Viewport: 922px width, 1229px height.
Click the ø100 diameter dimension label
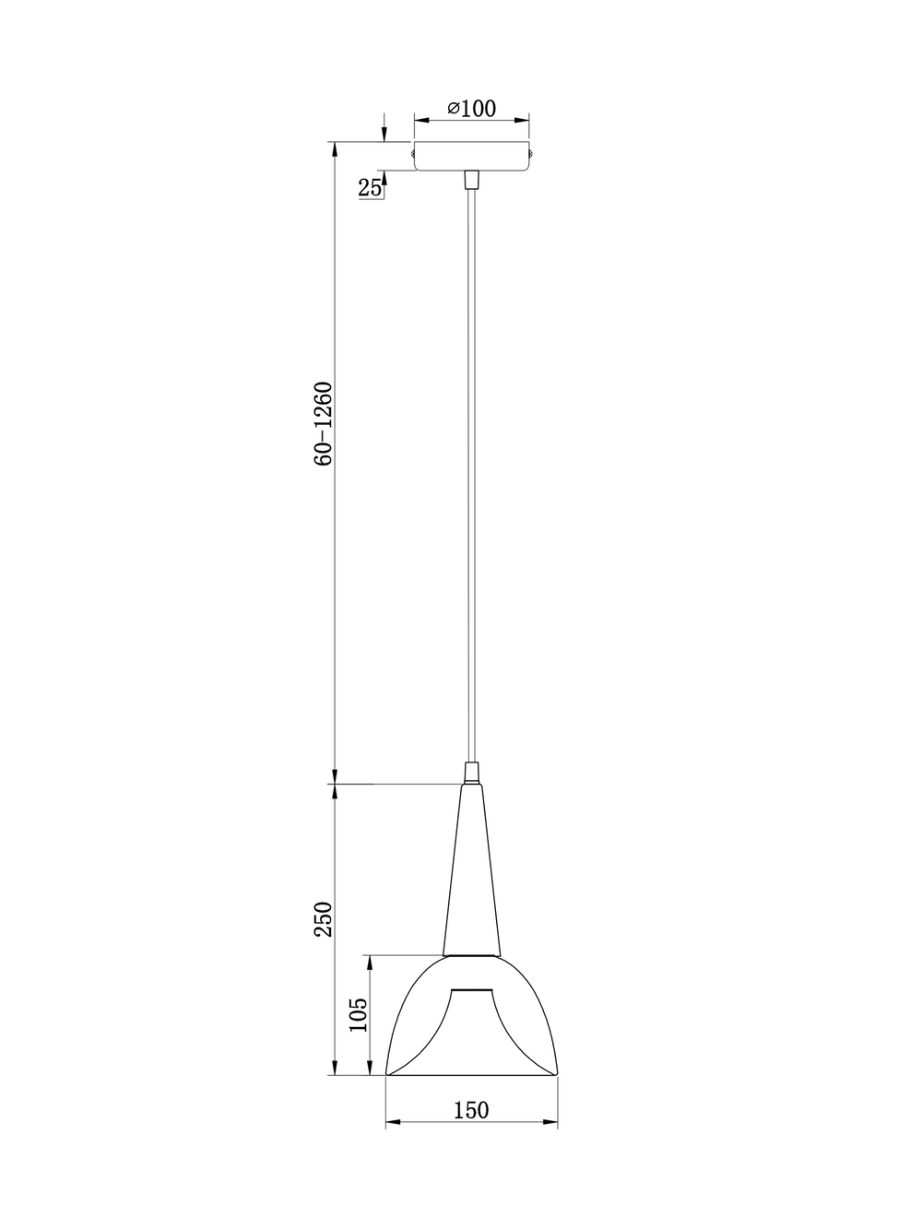pos(472,108)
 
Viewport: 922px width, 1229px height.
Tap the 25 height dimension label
pos(370,188)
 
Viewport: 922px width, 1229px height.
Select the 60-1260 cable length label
pos(322,422)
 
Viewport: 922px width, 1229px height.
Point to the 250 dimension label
pos(322,919)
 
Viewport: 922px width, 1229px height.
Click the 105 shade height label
pos(359,1015)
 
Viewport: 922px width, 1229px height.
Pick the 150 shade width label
pos(471,1110)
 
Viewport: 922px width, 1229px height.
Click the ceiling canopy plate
pos(472,156)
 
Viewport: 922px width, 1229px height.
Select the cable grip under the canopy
pos(472,179)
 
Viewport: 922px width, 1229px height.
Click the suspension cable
pos(472,461)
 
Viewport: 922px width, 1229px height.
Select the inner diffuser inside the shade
pos(472,1023)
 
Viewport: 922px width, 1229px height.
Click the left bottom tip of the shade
pos(387,1073)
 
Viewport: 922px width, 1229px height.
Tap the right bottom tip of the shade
pos(557,1073)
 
